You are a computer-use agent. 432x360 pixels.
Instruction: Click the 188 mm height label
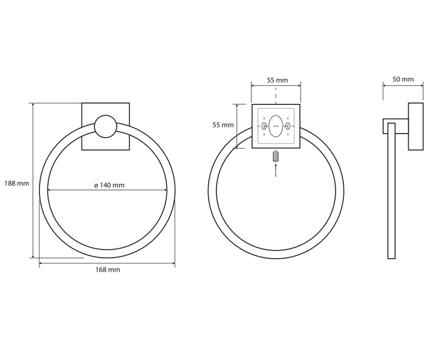pyautogui.click(x=17, y=184)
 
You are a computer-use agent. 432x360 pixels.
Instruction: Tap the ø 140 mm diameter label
pyautogui.click(x=109, y=185)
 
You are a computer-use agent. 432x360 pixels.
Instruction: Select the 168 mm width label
pyautogui.click(x=108, y=270)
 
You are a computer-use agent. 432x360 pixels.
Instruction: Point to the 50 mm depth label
pyautogui.click(x=403, y=79)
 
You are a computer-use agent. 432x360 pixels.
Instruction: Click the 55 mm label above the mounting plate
pyautogui.click(x=277, y=80)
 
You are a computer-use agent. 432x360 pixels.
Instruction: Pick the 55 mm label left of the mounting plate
pyautogui.click(x=223, y=125)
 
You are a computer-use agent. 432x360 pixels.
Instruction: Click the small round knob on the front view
pyautogui.click(x=105, y=126)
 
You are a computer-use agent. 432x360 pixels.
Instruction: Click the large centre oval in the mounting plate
pyautogui.click(x=276, y=126)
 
